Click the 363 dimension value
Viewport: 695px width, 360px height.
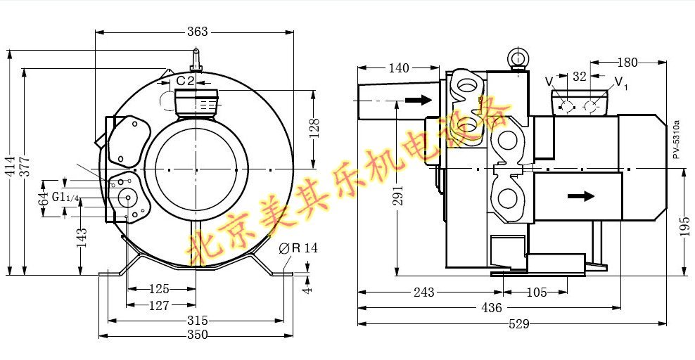pos(197,32)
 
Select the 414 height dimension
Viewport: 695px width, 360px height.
pos(10,166)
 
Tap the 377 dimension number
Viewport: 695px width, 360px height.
pos(26,167)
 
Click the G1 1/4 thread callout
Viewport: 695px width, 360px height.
pos(65,197)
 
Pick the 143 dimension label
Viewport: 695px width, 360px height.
pos(82,238)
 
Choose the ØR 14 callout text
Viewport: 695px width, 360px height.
pos(299,248)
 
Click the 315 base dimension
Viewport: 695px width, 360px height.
pos(197,320)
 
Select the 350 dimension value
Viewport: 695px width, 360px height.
pos(197,335)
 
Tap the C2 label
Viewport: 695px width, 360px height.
pos(185,81)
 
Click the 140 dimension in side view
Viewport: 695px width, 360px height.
pos(398,67)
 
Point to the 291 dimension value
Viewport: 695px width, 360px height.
pos(398,195)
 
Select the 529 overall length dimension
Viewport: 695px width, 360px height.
pos(518,324)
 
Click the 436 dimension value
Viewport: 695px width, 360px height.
pos(491,307)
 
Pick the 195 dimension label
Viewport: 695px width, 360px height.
pos(685,226)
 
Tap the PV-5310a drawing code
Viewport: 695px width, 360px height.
pos(675,139)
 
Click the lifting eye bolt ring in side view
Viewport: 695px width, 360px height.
pos(517,57)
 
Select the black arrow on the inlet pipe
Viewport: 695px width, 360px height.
pos(419,99)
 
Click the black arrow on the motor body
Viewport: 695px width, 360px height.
pos(581,195)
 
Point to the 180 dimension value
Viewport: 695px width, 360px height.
pos(627,63)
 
